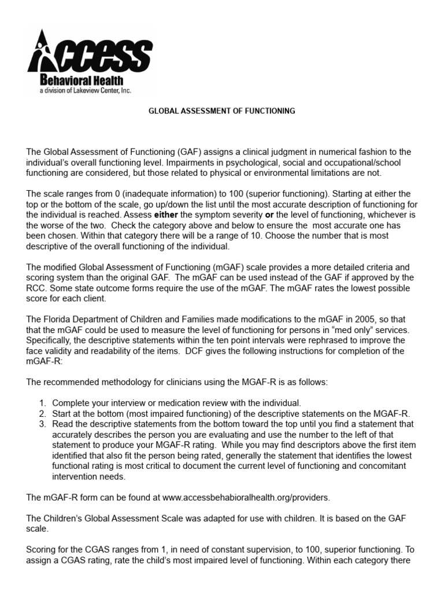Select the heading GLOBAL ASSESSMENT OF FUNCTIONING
[222, 110]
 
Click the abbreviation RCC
[36, 288]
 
